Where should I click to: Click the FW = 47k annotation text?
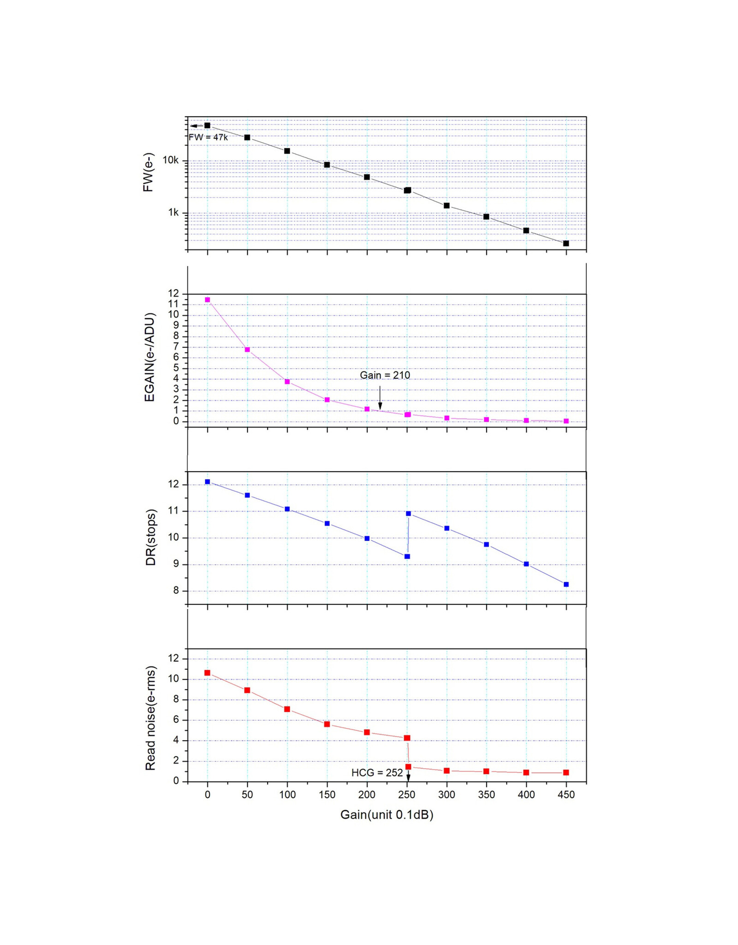point(208,137)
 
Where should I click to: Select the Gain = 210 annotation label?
point(385,375)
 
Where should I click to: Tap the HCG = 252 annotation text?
point(377,772)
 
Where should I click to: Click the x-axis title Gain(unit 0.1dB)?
point(387,814)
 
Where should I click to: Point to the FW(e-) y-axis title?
point(148,173)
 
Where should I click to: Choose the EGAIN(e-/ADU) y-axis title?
point(149,357)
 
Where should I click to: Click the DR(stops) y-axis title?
point(151,537)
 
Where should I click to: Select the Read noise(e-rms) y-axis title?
point(150,718)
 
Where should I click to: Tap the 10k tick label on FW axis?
point(170,160)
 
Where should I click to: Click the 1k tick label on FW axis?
point(173,212)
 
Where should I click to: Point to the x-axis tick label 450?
point(566,795)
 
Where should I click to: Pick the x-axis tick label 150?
point(327,795)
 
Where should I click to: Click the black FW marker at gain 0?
point(207,125)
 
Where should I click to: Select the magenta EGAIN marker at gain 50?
point(247,349)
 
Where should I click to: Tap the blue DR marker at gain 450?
point(566,584)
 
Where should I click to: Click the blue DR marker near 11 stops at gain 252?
point(408,513)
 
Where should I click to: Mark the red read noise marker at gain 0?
point(207,673)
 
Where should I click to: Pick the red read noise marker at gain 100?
point(287,709)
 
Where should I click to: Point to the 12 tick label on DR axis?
point(173,484)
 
